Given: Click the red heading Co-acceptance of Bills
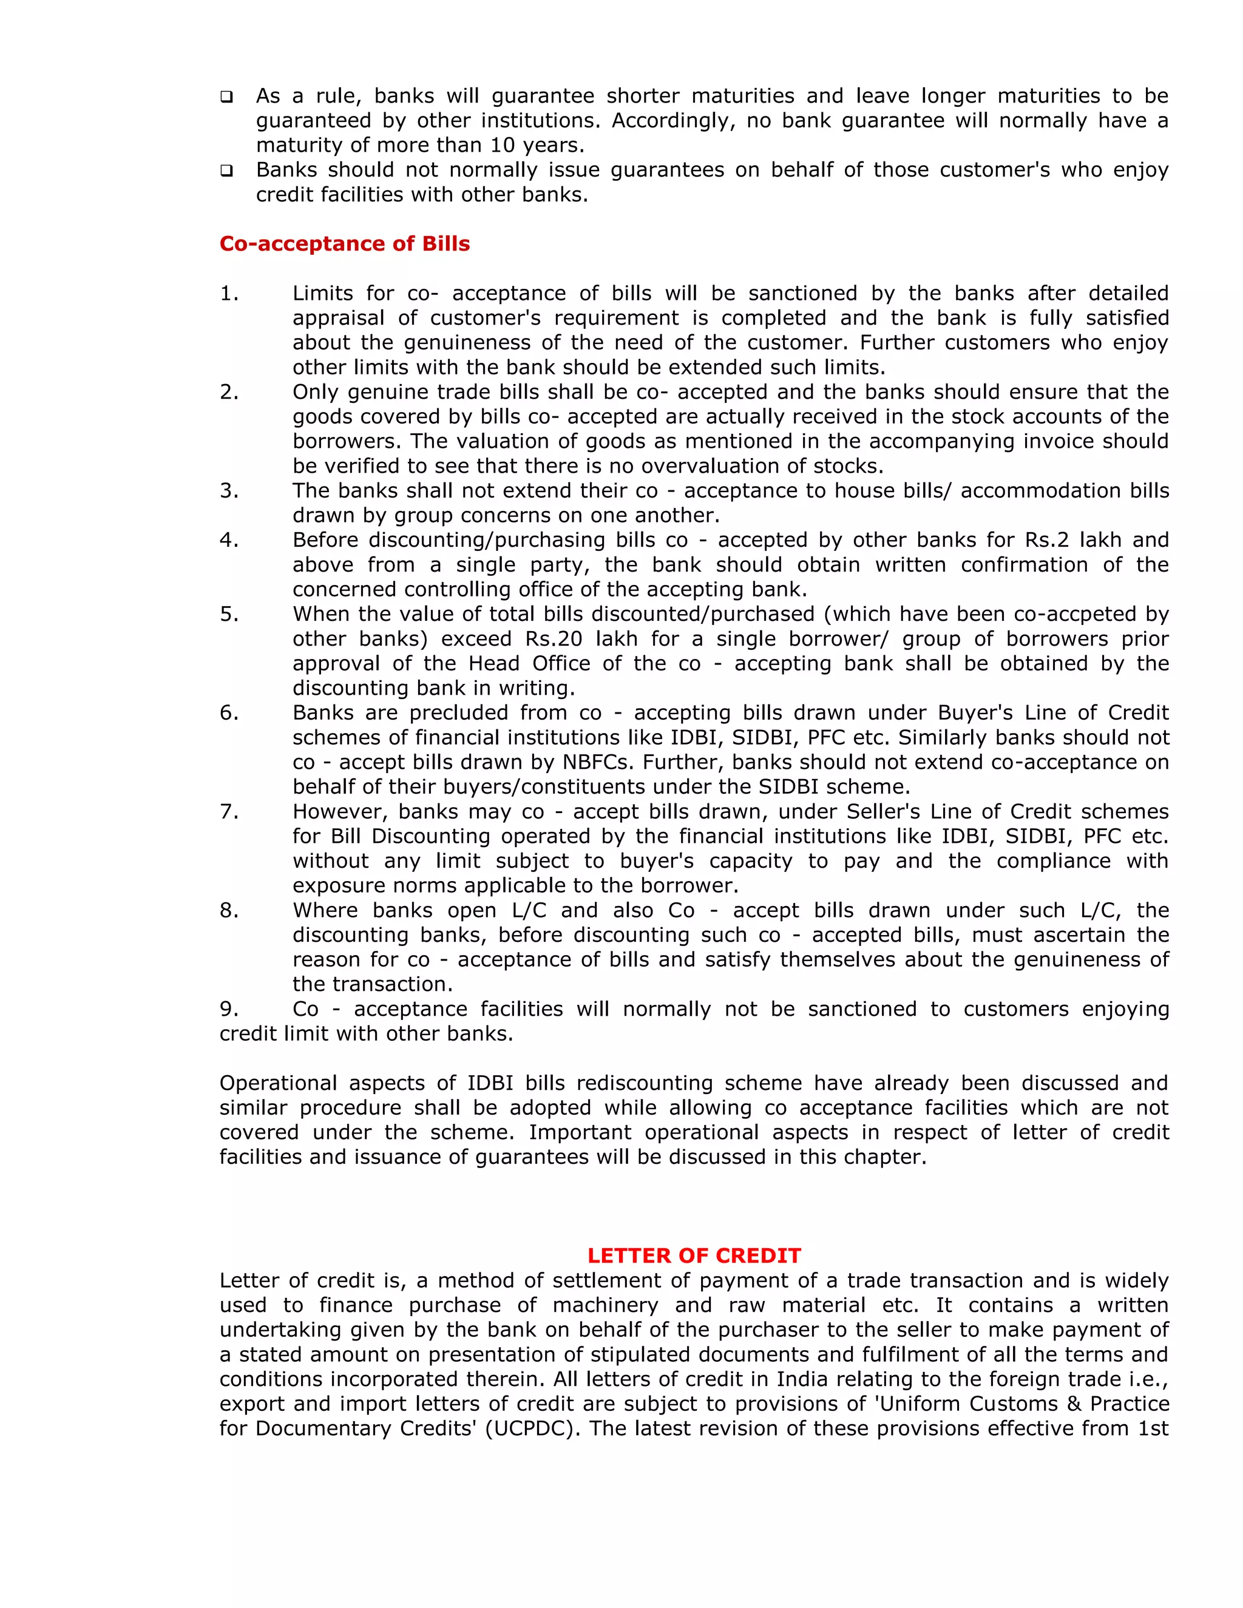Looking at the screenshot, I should [344, 244].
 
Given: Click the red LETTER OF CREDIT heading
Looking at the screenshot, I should [694, 1255].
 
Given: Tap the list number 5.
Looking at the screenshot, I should [228, 614].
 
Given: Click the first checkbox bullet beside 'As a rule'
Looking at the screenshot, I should [227, 97].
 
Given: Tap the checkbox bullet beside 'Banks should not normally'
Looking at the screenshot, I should [227, 171].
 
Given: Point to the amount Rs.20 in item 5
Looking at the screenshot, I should [553, 639].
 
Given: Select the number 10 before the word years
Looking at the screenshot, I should [503, 145].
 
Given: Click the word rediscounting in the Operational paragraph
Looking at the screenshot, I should [645, 1083].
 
